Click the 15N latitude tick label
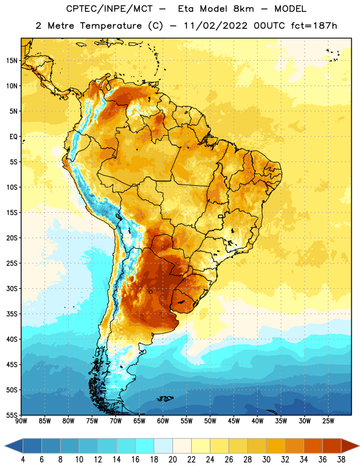pyautogui.click(x=12, y=61)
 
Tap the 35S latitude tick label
pyautogui.click(x=12, y=314)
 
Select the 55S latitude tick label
pyautogui.click(x=12, y=415)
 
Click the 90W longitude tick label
pyautogui.click(x=21, y=421)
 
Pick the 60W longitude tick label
pyautogui.click(x=163, y=421)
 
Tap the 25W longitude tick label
pyautogui.click(x=328, y=421)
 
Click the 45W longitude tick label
pyautogui.click(x=234, y=421)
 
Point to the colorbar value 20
pyautogui.click(x=172, y=460)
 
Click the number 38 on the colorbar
pyautogui.click(x=341, y=460)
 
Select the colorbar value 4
pyautogui.click(x=23, y=460)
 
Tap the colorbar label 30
pyautogui.click(x=266, y=460)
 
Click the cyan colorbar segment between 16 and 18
pyautogui.click(x=145, y=446)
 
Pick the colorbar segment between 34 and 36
pyautogui.click(x=313, y=446)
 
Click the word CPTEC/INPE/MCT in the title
pyautogui.click(x=110, y=9)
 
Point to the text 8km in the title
pyautogui.click(x=243, y=9)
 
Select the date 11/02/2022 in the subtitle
pyautogui.click(x=216, y=26)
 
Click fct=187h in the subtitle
pyautogui.click(x=314, y=26)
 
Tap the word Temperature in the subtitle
pyautogui.click(x=111, y=26)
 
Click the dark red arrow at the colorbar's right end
pyautogui.click(x=350, y=446)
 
